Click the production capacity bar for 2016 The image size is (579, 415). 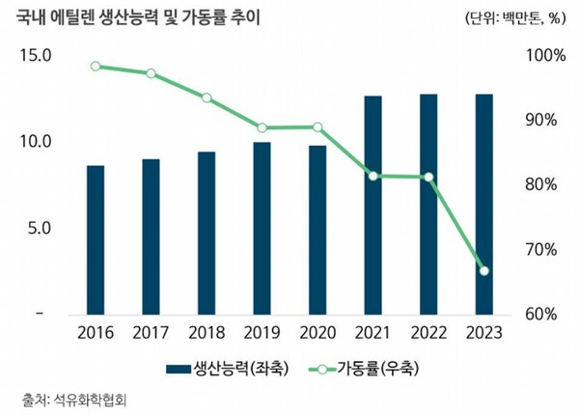pyautogui.click(x=96, y=240)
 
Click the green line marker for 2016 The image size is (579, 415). pyautogui.click(x=96, y=67)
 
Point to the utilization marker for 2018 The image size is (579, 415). pyautogui.click(x=207, y=98)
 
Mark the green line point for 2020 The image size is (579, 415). pyautogui.click(x=317, y=127)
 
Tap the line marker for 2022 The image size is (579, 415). pyautogui.click(x=428, y=178)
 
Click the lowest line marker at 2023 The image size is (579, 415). pyautogui.click(x=484, y=270)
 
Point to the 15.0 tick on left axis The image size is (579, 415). pyautogui.click(x=36, y=56)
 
